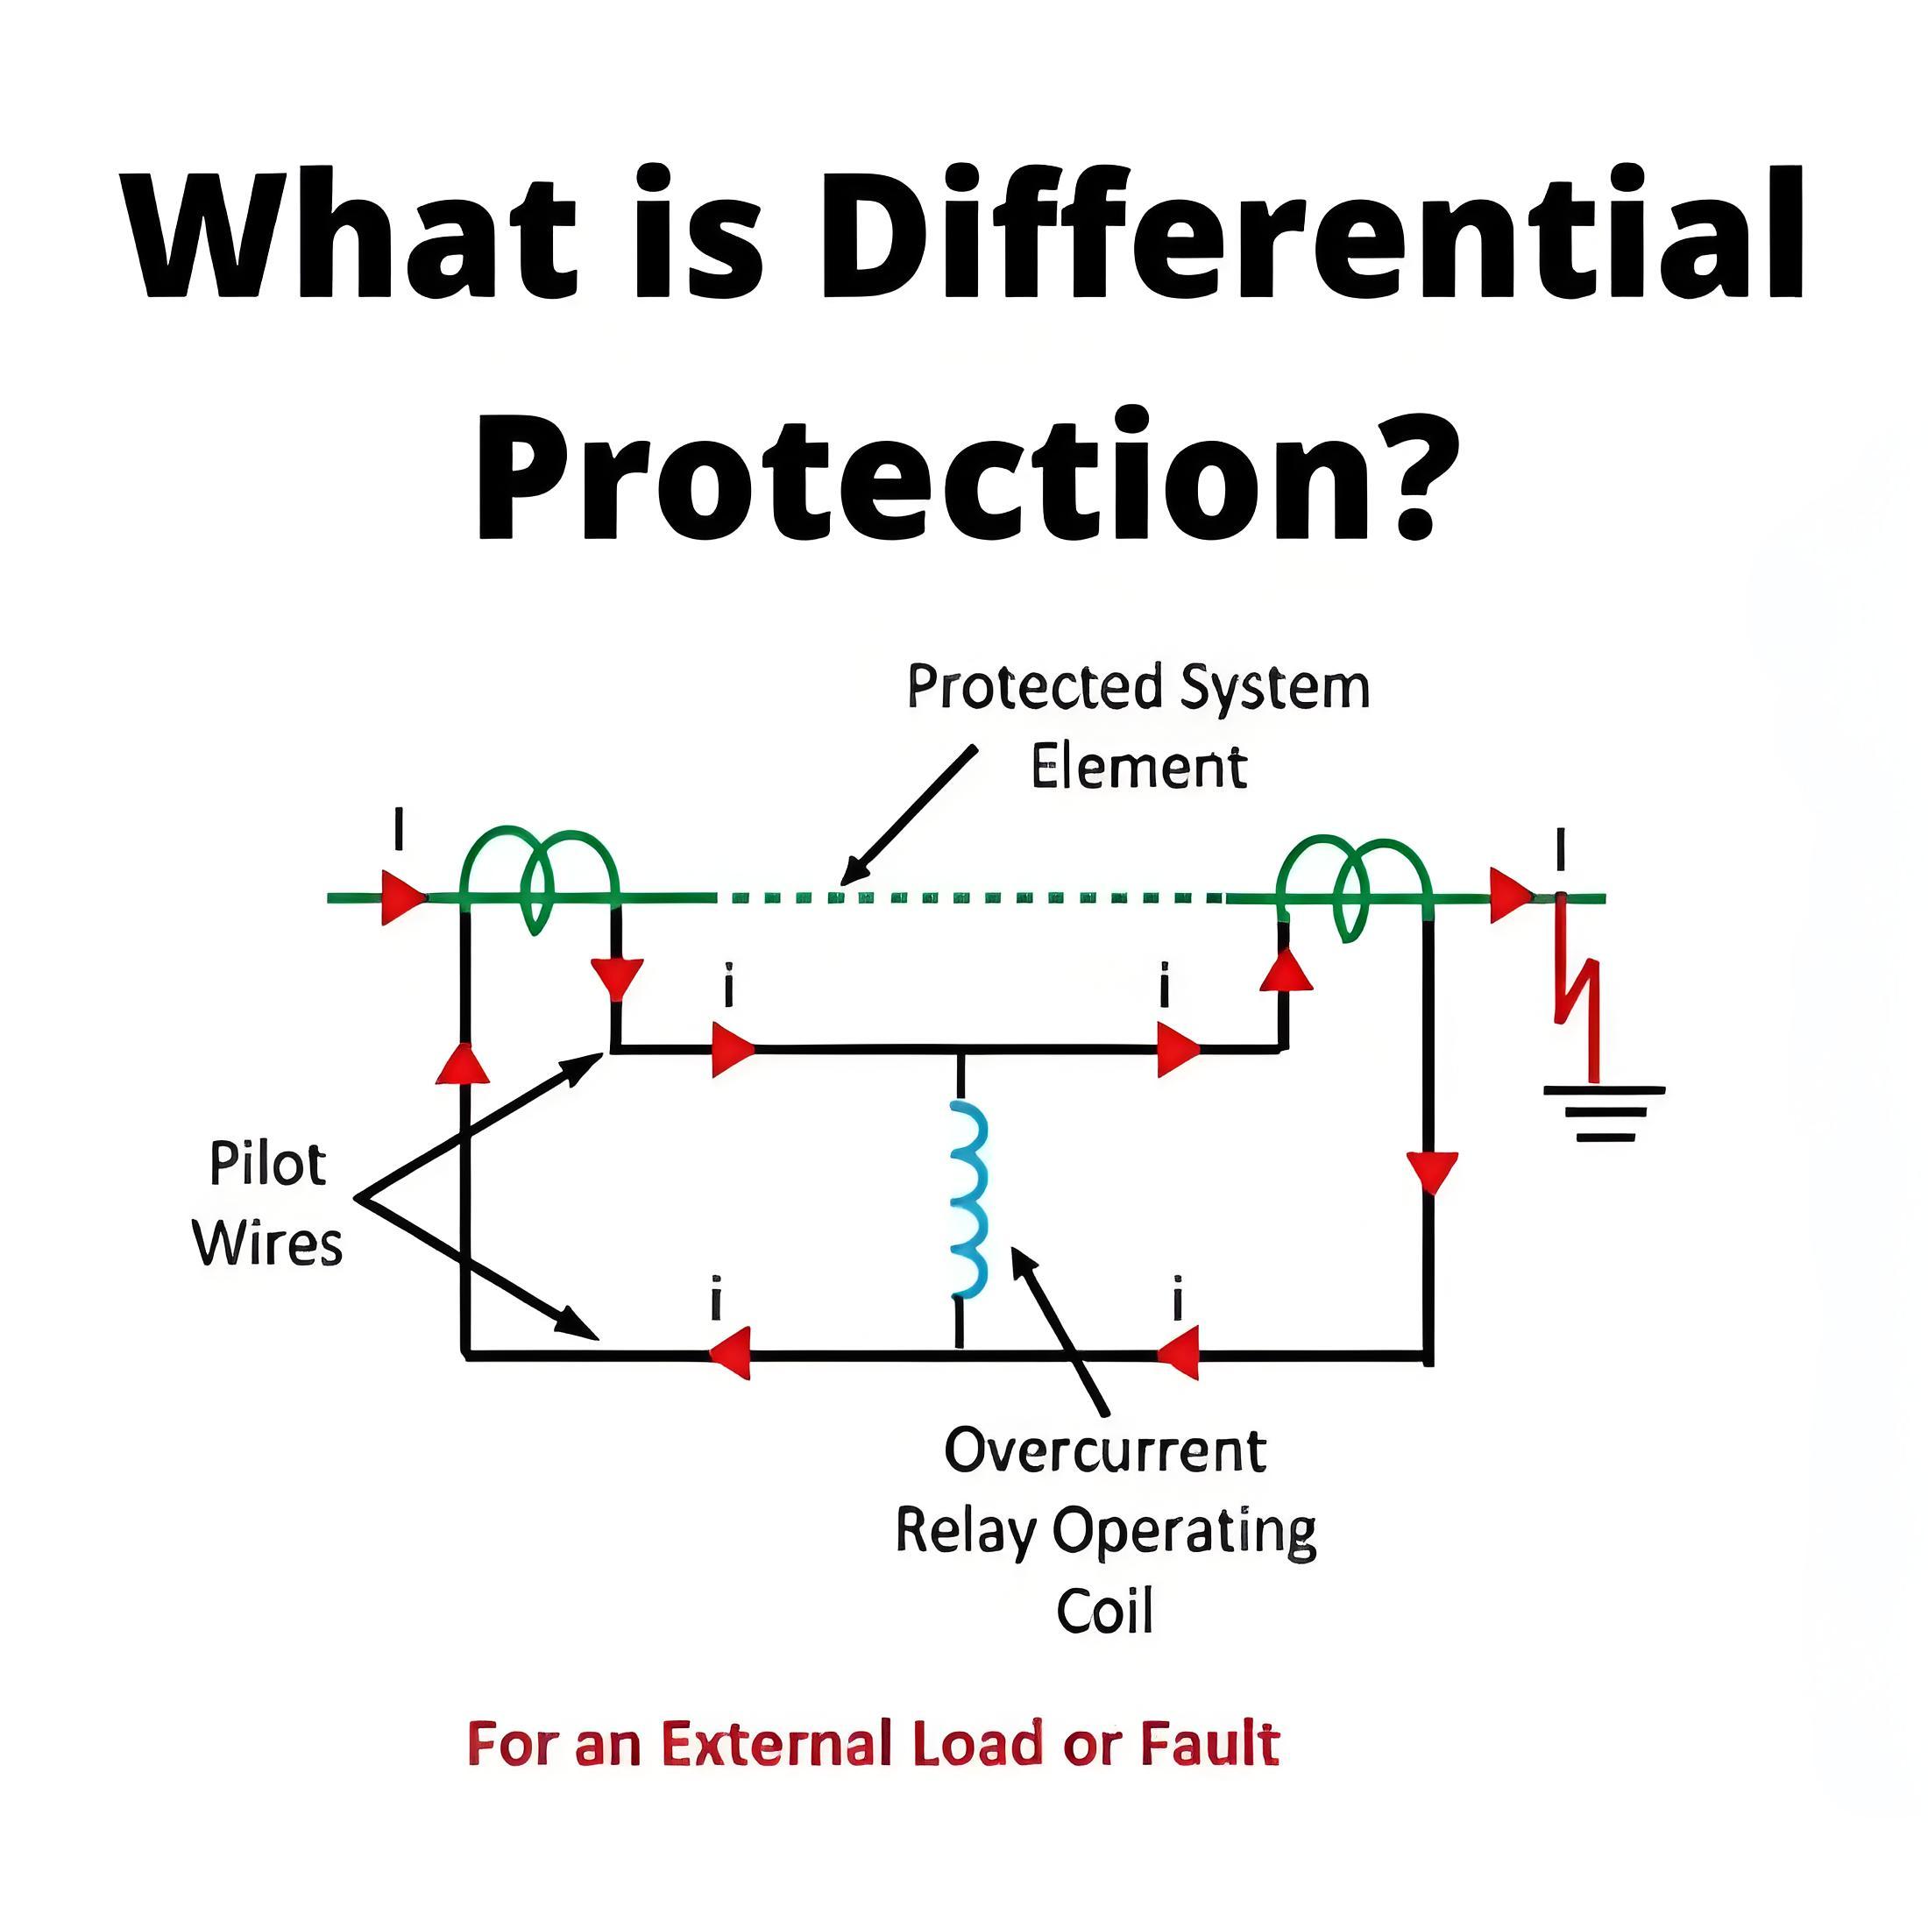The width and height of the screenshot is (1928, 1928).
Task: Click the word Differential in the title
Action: (x=1309, y=232)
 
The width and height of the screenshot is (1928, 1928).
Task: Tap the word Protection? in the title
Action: (x=965, y=474)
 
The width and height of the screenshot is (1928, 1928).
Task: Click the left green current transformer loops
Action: (x=539, y=877)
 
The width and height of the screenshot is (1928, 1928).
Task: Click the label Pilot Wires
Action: (x=267, y=1203)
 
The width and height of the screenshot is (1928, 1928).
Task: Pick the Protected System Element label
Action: (x=1138, y=727)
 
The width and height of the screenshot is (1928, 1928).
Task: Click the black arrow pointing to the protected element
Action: (x=908, y=814)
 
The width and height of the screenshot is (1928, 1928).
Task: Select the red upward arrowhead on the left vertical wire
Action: (x=463, y=1063)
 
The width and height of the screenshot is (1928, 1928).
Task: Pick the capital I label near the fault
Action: (x=1561, y=851)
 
